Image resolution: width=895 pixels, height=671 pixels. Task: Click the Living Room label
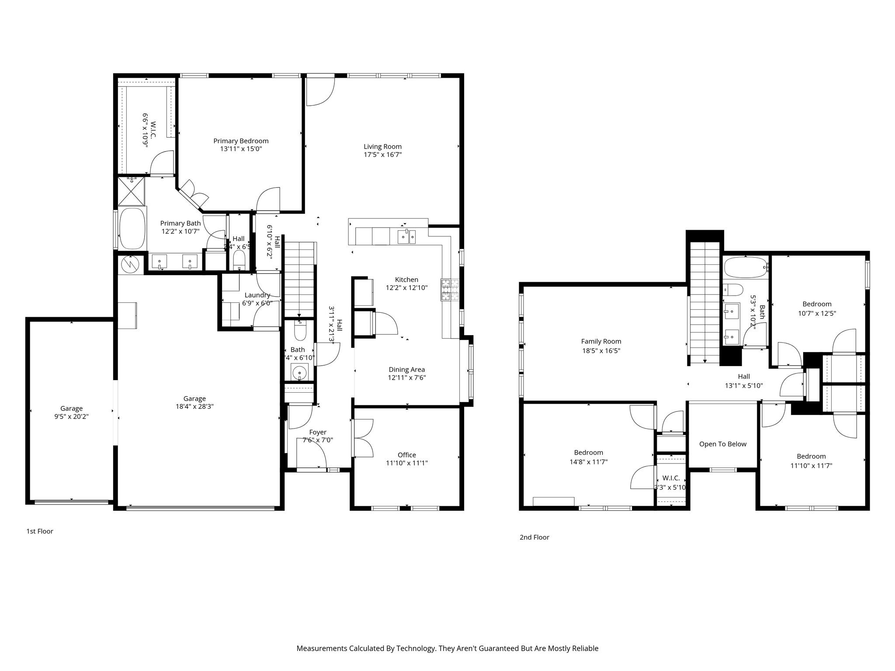(x=382, y=147)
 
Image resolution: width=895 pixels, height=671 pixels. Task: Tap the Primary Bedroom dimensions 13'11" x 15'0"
(x=241, y=149)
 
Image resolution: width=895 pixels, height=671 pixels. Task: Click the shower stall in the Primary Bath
(x=131, y=191)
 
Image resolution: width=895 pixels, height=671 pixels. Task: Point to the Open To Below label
(x=722, y=444)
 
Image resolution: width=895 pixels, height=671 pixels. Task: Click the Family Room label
(x=601, y=342)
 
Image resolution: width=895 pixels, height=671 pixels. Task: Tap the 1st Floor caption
(x=40, y=531)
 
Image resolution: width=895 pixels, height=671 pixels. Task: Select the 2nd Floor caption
(x=534, y=537)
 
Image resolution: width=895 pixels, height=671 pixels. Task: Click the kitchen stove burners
(x=450, y=290)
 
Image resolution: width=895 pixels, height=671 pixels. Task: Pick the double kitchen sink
(x=407, y=237)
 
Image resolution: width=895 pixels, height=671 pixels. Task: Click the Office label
(x=406, y=455)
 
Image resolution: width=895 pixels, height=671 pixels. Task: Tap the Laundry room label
(x=257, y=295)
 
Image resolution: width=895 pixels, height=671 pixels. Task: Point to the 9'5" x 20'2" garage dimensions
(x=72, y=417)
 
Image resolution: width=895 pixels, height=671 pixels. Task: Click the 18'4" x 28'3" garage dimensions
(x=194, y=406)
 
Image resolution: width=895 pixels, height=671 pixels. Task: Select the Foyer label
(x=318, y=432)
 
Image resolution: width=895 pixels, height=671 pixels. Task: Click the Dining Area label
(x=406, y=370)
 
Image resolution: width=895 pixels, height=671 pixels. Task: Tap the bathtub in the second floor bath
(x=745, y=267)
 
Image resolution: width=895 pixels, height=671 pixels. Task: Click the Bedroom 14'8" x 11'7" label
(x=588, y=453)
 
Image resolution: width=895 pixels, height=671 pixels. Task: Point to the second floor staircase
(x=704, y=301)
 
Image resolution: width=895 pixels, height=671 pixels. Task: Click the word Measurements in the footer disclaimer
(x=321, y=648)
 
